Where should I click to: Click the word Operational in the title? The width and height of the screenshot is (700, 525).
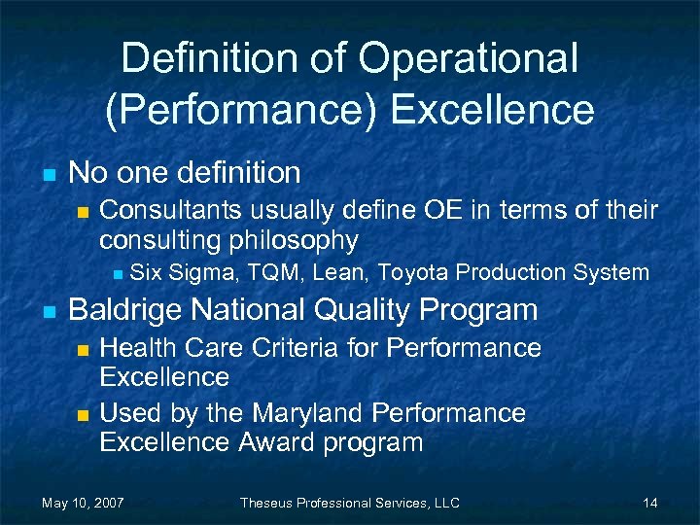tap(468, 59)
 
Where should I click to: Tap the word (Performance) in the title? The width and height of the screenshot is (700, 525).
tap(241, 110)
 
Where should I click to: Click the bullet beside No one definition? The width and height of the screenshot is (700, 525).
tap(48, 175)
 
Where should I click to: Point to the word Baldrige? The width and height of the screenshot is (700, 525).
tap(126, 310)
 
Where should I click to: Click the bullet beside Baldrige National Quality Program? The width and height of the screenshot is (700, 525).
tap(48, 312)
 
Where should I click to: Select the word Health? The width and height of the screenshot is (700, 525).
tap(137, 347)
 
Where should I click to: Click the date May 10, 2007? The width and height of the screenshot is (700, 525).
tap(83, 503)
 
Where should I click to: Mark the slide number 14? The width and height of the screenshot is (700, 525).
tap(650, 503)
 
